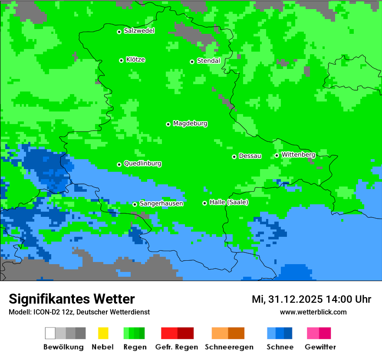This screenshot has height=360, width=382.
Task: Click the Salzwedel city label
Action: point(139,31)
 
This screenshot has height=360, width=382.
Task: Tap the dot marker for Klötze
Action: point(121,60)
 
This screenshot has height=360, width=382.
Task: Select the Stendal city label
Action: point(208,61)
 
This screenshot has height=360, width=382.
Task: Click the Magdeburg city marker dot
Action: point(168,124)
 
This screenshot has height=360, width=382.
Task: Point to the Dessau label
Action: point(250,156)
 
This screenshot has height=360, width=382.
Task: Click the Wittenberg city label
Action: point(298,154)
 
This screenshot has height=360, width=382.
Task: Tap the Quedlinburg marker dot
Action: point(119,164)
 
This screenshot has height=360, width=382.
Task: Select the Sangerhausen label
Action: point(161,203)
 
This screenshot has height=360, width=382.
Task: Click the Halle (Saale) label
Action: point(229,202)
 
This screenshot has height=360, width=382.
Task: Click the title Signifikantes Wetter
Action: point(72,299)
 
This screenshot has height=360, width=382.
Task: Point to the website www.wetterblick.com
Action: point(313,312)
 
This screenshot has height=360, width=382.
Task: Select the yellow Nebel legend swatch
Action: point(103,333)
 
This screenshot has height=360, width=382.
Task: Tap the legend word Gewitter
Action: point(320,347)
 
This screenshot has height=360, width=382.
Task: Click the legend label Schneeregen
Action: point(229,347)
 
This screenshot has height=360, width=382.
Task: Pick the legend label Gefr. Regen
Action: point(176,347)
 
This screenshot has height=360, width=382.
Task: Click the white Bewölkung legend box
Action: point(50,333)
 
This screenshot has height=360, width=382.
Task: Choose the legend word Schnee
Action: point(280,347)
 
